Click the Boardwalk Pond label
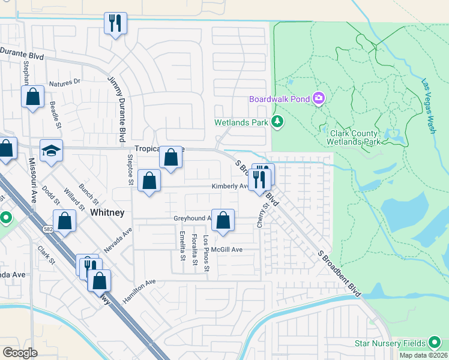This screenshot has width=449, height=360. point(280,98)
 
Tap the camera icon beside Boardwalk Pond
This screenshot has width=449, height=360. point(319,98)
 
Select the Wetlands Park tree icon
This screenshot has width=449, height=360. point(277,122)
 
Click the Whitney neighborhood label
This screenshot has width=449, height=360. point(107,213)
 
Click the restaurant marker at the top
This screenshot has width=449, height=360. point(115,24)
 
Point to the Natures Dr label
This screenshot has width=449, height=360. point(65,82)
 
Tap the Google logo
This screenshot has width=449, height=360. point(20,353)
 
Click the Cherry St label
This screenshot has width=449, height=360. point(262,215)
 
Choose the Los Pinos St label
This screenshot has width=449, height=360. point(206,253)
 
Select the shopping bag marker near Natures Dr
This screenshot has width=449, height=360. point(32,97)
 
